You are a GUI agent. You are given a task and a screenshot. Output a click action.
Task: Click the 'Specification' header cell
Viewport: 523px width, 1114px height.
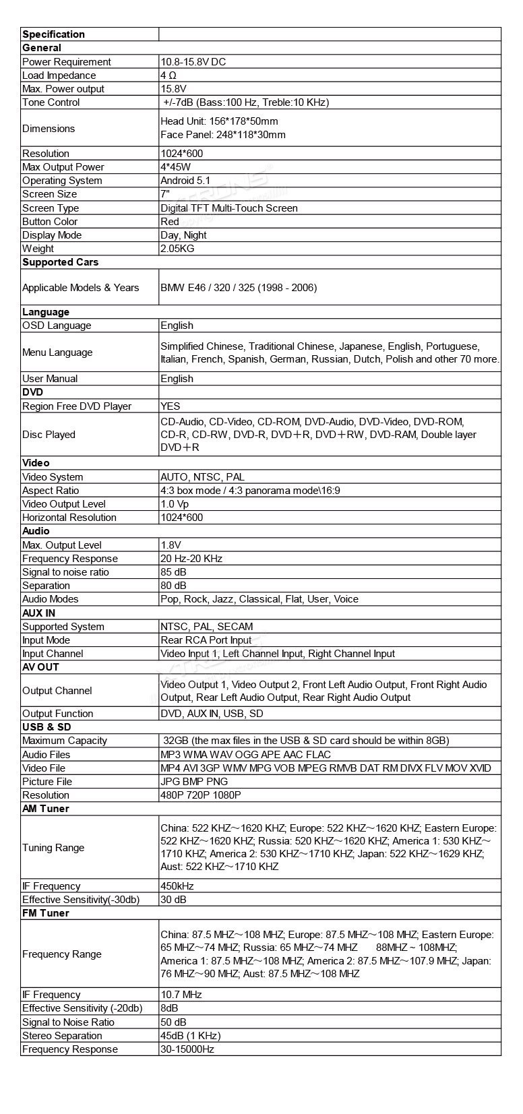(54, 34)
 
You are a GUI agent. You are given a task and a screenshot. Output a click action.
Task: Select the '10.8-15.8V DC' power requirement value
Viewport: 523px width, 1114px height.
(193, 62)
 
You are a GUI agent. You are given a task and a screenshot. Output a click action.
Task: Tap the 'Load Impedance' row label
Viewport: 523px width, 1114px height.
(59, 75)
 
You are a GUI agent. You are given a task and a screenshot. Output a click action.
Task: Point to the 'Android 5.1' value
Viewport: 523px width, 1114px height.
(185, 181)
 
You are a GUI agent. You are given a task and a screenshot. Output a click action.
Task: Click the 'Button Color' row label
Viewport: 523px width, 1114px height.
(50, 222)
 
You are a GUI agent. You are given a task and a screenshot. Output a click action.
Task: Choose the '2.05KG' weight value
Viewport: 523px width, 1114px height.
(178, 249)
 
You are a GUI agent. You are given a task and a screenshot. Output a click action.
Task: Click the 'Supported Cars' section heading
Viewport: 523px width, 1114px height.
(61, 262)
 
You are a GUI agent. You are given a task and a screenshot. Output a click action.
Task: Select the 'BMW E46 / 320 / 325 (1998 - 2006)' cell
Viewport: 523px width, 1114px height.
(239, 288)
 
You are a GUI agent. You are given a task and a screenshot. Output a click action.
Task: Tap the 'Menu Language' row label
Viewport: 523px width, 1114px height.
(57, 352)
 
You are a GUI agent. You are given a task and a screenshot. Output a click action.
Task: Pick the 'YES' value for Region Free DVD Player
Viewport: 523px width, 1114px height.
(171, 406)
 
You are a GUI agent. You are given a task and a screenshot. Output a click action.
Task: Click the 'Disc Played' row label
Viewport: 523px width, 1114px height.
(49, 435)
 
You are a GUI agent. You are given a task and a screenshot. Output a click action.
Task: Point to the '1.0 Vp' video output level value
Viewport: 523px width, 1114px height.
(175, 504)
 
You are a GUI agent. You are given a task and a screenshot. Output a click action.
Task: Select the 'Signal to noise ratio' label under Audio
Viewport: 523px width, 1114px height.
(65, 572)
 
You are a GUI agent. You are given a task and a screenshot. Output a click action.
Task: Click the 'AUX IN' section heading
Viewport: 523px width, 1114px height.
(39, 613)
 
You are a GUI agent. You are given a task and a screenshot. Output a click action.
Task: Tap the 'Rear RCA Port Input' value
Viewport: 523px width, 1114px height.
(206, 640)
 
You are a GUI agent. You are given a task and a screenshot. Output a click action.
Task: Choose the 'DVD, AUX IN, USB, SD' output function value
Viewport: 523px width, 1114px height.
(212, 714)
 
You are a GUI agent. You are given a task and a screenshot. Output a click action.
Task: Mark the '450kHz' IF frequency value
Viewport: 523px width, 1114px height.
(177, 886)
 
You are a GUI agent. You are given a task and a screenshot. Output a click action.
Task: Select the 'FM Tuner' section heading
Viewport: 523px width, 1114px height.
(46, 913)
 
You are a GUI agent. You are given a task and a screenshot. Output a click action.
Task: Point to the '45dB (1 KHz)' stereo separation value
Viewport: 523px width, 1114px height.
(191, 1036)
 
